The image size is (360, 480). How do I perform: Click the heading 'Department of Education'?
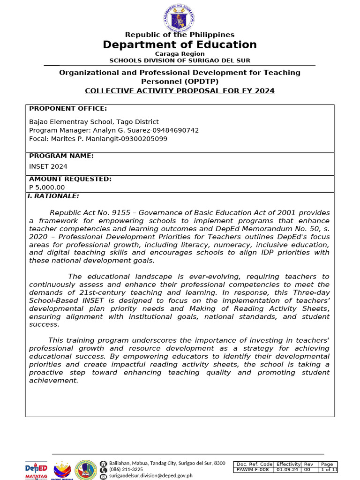(180, 45)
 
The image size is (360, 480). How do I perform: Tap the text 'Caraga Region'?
(180, 54)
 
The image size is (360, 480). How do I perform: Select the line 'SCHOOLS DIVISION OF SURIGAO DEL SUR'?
(180, 60)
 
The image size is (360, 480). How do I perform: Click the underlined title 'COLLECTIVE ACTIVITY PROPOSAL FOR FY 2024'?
(180, 90)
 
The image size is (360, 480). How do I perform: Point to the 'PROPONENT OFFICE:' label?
(68, 109)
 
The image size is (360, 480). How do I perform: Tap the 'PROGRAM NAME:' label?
(61, 156)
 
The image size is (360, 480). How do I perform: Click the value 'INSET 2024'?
(48, 166)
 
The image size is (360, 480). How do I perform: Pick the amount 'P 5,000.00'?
(47, 187)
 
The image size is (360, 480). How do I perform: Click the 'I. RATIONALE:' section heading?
(53, 196)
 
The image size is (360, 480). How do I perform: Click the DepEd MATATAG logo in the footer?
(36, 470)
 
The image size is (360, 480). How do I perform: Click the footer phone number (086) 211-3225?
(126, 469)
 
